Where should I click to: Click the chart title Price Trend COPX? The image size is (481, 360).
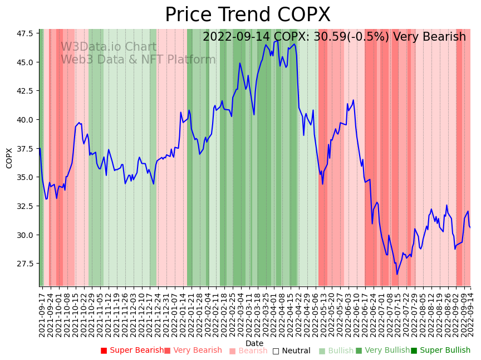coord(247,15)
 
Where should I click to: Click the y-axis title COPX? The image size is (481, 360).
coord(9,158)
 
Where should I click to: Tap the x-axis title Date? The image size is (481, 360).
coord(254,343)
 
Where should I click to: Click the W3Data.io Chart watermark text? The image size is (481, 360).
coord(109,47)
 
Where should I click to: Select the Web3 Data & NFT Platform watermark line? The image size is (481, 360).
coord(138,60)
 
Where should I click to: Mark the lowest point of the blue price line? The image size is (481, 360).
coord(397,274)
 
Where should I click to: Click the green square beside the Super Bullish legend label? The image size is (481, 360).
coord(414,351)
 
